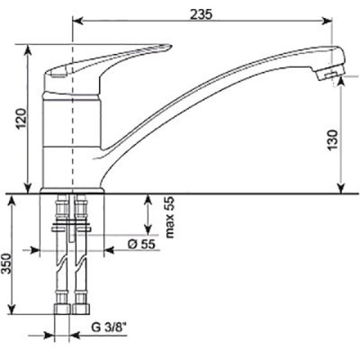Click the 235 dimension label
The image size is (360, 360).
tap(202, 14)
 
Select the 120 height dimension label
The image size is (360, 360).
tap(21, 119)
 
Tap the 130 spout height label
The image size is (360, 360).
tap(332, 140)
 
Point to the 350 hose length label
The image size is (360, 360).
tap(6, 264)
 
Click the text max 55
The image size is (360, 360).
tap(170, 217)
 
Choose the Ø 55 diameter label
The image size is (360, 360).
tap(142, 244)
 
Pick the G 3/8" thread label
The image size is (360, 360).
tap(109, 328)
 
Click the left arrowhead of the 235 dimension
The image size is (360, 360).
tap(77, 21)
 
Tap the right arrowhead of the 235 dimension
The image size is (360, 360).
tap(327, 21)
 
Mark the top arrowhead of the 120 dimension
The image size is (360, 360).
tap(28, 50)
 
